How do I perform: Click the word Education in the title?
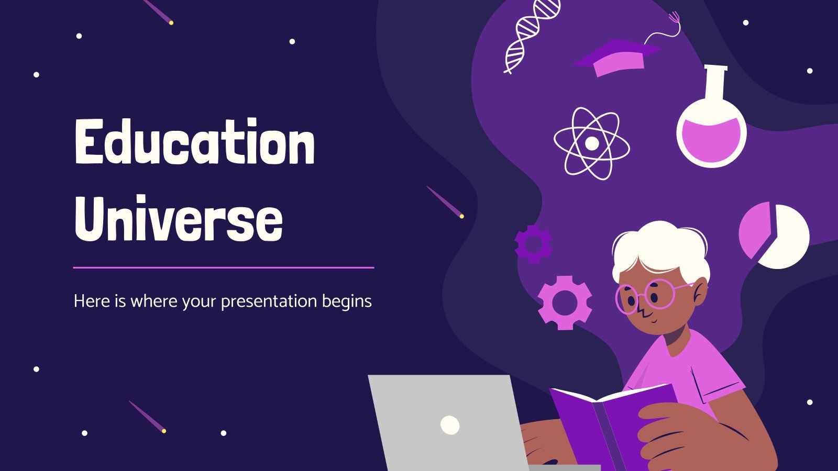195,141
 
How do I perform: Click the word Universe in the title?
179,218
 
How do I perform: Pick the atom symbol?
591,143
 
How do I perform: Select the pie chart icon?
774,235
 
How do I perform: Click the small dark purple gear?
533,244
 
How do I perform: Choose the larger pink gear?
565,303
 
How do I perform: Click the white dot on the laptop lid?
450,424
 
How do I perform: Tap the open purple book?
613,426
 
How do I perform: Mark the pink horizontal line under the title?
224,267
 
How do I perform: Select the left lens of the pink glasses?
626,299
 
